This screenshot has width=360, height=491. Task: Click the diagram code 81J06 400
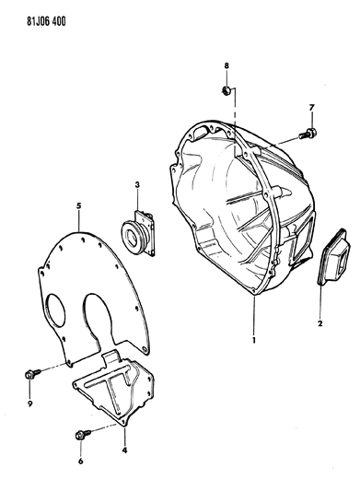pyautogui.click(x=46, y=22)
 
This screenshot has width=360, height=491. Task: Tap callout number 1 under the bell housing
pyautogui.click(x=254, y=340)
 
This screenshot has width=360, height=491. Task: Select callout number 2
pyautogui.click(x=319, y=323)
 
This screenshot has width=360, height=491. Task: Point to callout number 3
pyautogui.click(x=137, y=185)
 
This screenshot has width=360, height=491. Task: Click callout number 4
pyautogui.click(x=124, y=450)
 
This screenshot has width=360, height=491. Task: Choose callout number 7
pyautogui.click(x=311, y=108)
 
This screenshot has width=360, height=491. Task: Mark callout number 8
pyautogui.click(x=226, y=65)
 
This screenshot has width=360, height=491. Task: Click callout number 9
pyautogui.click(x=29, y=404)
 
